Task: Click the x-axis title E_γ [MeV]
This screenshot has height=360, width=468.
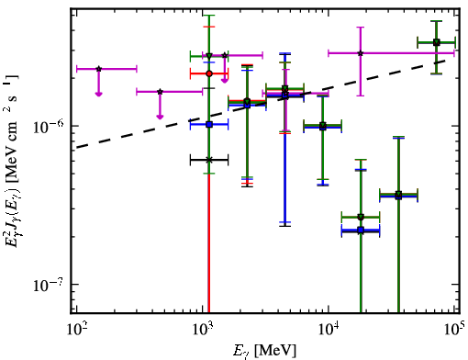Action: pyautogui.click(x=264, y=351)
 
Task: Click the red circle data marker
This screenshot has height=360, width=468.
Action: pyautogui.click(x=209, y=73)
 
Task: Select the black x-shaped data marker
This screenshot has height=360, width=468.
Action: pyautogui.click(x=209, y=160)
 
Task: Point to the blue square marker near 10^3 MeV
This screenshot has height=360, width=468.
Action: pyautogui.click(x=209, y=125)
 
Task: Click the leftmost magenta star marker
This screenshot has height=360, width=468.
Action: pyautogui.click(x=98, y=69)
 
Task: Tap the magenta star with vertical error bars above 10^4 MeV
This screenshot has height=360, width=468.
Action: pyautogui.click(x=361, y=53)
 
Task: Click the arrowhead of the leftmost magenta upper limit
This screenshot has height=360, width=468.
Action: pyautogui.click(x=98, y=94)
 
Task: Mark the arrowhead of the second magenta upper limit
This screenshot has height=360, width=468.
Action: pyautogui.click(x=160, y=117)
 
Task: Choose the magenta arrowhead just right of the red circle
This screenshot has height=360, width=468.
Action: pyautogui.click(x=225, y=80)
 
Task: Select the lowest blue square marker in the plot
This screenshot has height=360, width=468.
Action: pyautogui.click(x=361, y=230)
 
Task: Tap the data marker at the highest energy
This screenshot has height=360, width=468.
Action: pyautogui.click(x=437, y=42)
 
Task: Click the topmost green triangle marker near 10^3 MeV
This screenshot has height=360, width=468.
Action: pyautogui.click(x=209, y=56)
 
